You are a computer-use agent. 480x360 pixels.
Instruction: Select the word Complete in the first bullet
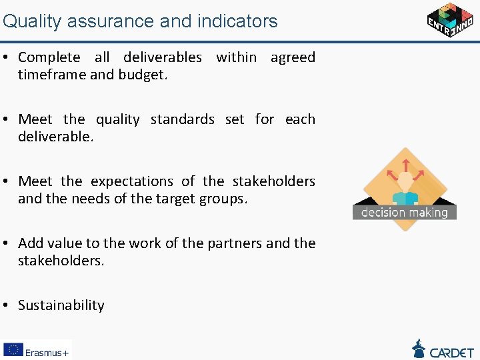[49, 57]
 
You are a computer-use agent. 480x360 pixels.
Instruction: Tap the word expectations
[132, 181]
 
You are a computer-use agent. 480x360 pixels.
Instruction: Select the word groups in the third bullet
[223, 199]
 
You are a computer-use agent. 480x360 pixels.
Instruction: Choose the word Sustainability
[61, 305]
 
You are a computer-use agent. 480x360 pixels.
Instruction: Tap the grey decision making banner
[405, 212]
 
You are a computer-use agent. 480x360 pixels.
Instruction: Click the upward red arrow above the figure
[405, 164]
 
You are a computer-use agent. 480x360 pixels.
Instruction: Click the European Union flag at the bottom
[13, 350]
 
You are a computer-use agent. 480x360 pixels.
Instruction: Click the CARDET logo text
[452, 351]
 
